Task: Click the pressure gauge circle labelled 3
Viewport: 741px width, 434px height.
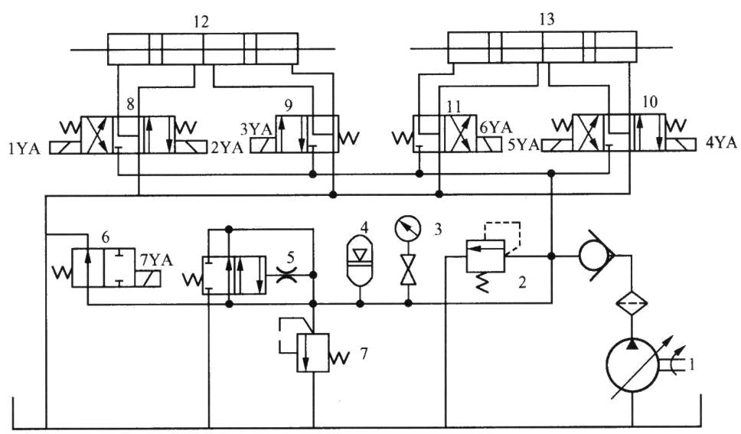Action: tap(407, 230)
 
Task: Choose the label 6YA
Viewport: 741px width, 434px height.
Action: tap(495, 127)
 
